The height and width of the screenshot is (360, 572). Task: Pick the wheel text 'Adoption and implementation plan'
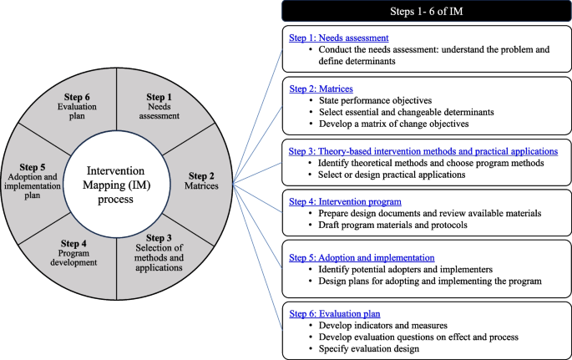coord(36,195)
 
